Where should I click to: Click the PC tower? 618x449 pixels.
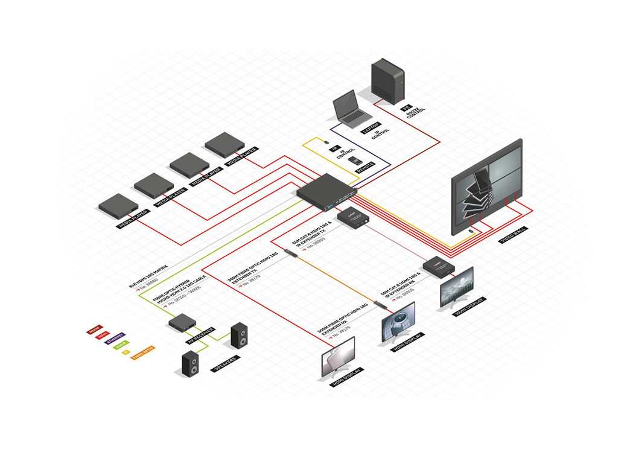[x=387, y=81]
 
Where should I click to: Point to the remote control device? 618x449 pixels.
[x=354, y=161]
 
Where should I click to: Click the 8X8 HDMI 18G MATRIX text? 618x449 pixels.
[x=148, y=275]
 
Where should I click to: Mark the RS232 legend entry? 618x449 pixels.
[x=94, y=330]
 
